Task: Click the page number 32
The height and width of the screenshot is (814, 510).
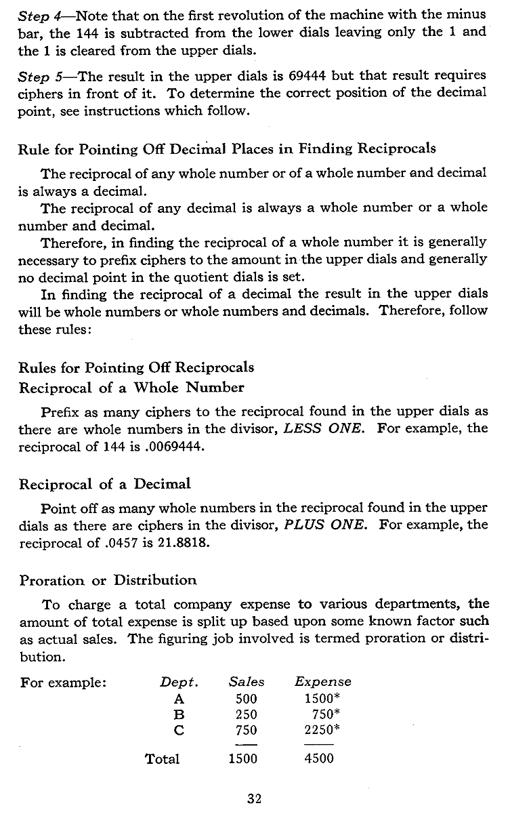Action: tap(255, 798)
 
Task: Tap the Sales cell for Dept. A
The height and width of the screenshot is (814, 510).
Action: tap(242, 698)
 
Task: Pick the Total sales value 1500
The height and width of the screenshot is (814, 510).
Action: tap(242, 758)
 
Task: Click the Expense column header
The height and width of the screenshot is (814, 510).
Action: tap(323, 683)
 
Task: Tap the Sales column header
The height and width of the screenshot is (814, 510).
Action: tap(247, 682)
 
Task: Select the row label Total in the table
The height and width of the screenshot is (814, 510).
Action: tap(163, 758)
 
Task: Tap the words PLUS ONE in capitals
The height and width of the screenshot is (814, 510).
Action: tap(329, 525)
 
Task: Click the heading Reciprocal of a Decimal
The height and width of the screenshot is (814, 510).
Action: tap(105, 484)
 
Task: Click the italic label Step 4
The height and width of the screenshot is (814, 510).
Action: tap(37, 14)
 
